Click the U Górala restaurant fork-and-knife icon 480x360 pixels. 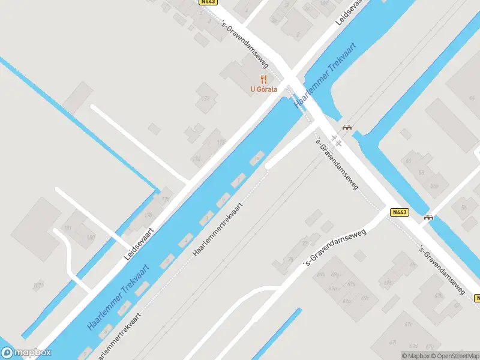point(263,79)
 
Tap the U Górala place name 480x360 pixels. point(263,90)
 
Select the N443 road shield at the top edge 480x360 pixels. point(208,2)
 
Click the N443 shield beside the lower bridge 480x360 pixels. point(399,212)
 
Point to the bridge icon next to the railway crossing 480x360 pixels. point(347,127)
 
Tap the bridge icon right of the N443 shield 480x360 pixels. point(428,217)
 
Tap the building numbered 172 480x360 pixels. point(206,98)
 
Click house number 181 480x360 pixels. point(67,228)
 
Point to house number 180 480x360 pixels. point(91,238)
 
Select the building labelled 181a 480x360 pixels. point(39,286)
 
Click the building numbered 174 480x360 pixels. point(195,160)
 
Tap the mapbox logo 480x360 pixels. point(26,353)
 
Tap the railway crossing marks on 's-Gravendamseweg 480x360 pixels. point(337,142)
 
